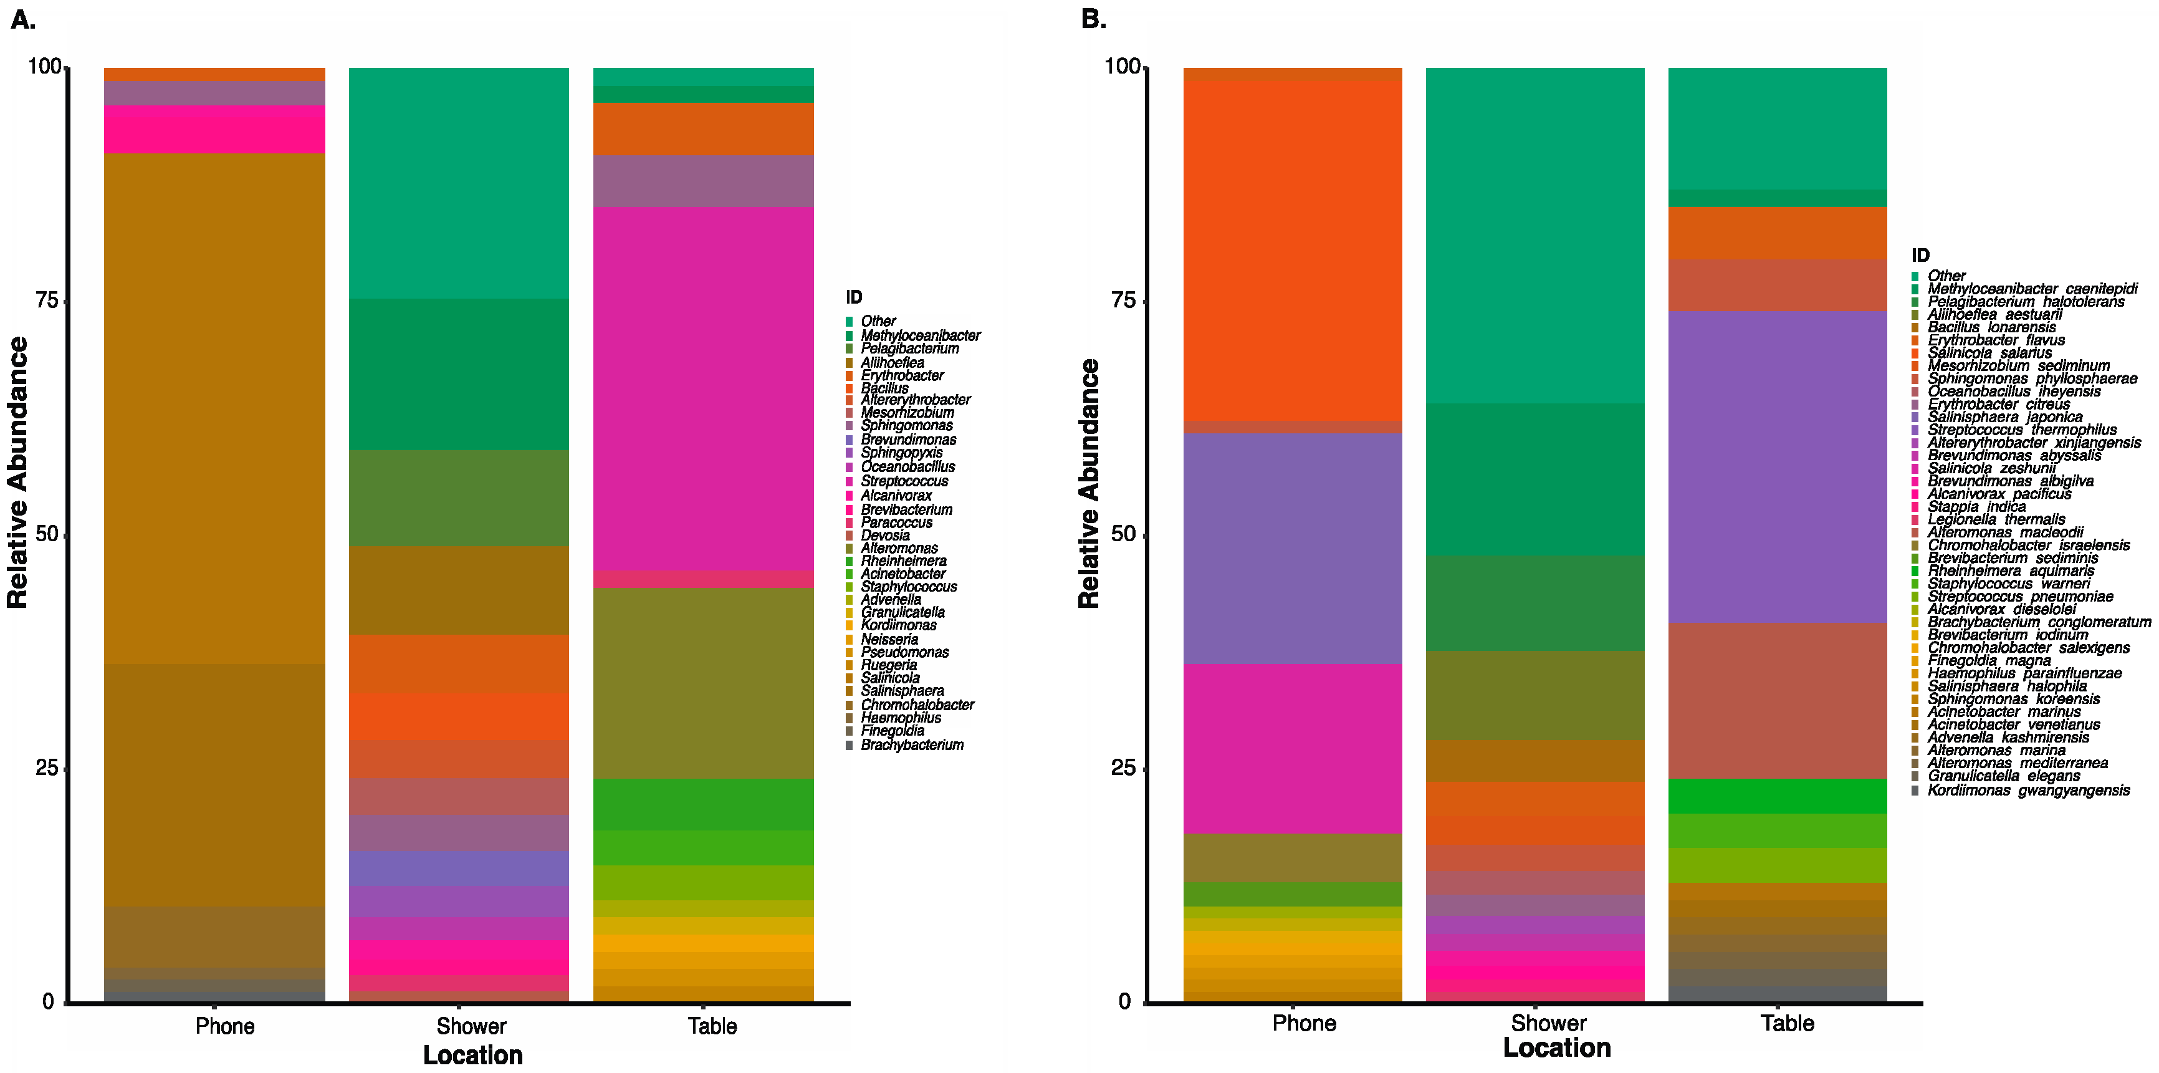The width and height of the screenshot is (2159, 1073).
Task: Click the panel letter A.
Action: point(22,20)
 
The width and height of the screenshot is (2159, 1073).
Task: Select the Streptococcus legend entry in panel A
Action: point(904,481)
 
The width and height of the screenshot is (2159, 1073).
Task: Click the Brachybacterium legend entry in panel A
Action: point(911,745)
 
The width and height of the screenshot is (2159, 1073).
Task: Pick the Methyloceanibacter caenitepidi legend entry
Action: point(2032,289)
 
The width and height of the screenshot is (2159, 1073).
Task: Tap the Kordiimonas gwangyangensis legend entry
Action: point(2027,791)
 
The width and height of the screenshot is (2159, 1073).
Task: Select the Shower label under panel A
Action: point(471,1026)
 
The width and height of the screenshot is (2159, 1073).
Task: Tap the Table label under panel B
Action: point(1787,1024)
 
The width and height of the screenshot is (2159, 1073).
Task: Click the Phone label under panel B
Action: point(1303,1024)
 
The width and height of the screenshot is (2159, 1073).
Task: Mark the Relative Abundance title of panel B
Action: point(1088,484)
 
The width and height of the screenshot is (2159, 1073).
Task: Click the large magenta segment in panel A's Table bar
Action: point(703,388)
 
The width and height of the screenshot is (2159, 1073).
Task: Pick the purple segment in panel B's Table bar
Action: point(1777,467)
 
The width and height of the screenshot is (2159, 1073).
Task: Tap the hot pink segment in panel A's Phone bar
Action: point(214,129)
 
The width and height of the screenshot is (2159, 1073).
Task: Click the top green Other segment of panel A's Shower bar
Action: point(459,183)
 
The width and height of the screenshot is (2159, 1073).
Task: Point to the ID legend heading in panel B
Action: point(1920,256)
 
